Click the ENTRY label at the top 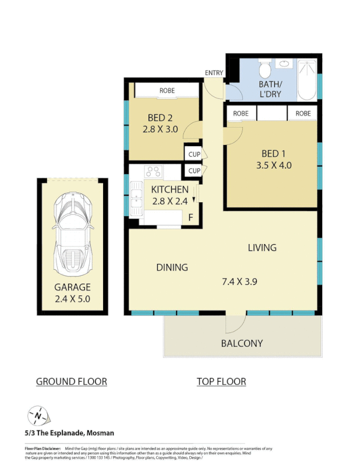coord(214,72)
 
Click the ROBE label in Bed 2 coord(167,91)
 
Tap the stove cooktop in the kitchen coord(154,171)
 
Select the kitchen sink coord(136,198)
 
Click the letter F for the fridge coord(190,218)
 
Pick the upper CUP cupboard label coord(194,154)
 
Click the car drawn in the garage coord(73,234)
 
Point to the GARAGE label coord(72,287)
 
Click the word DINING coord(172,267)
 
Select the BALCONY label coord(242,343)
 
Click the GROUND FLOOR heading coord(72,382)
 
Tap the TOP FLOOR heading coord(221,382)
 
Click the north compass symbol coord(38,416)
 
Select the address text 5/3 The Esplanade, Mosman coord(69,433)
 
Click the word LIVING coord(262,248)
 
